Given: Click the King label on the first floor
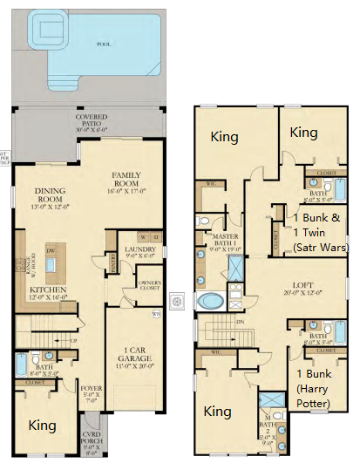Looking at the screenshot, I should (43, 426).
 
